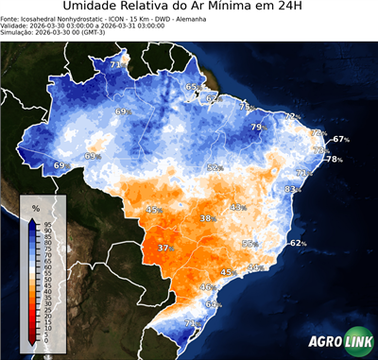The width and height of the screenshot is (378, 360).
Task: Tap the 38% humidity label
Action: pyautogui.click(x=207, y=218)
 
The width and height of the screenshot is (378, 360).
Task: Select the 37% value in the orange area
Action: pyautogui.click(x=165, y=249)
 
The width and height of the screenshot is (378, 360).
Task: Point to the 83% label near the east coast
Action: pyautogui.click(x=292, y=189)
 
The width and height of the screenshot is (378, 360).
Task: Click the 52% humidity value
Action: pyautogui.click(x=215, y=167)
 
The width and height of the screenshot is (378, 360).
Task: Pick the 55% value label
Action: pyautogui.click(x=249, y=244)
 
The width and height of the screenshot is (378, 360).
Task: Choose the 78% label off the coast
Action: pyautogui.click(x=334, y=160)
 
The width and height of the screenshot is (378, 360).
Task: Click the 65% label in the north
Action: pyautogui.click(x=193, y=87)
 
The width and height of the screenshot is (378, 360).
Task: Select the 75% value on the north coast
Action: pyautogui.click(x=245, y=107)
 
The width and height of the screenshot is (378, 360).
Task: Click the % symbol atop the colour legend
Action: pyautogui.click(x=35, y=207)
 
